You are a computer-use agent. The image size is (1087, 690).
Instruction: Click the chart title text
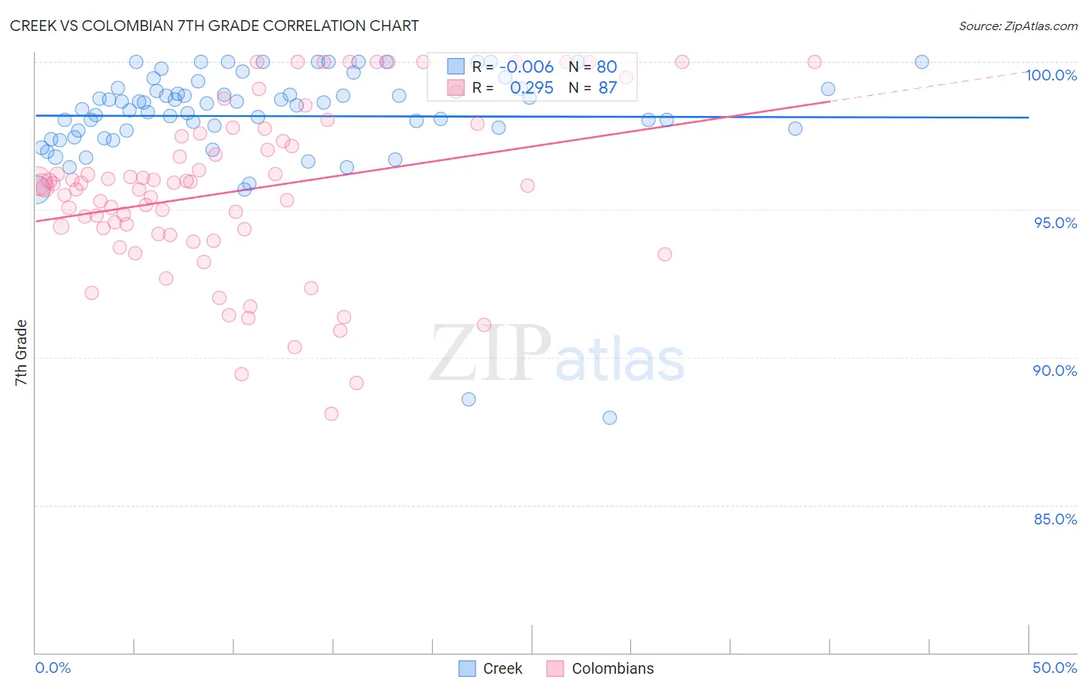click(214, 26)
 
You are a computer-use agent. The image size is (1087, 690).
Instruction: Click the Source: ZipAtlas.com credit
click(1017, 26)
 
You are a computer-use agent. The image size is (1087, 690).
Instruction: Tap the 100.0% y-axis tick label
click(1051, 75)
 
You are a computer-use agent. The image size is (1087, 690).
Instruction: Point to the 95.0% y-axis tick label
click(1055, 223)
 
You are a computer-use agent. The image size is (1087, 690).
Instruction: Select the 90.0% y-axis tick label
click(1055, 371)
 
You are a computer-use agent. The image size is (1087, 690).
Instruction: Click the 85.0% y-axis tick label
click(1055, 519)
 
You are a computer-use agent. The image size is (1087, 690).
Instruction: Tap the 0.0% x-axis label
click(53, 668)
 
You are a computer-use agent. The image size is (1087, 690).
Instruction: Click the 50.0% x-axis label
click(1055, 668)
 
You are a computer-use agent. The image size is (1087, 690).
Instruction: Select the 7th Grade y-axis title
click(21, 353)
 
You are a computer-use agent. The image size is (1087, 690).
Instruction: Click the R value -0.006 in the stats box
click(530, 67)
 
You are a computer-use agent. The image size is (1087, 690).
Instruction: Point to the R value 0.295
click(532, 88)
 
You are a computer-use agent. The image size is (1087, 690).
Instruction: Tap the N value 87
click(608, 88)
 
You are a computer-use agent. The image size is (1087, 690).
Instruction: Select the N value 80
click(607, 67)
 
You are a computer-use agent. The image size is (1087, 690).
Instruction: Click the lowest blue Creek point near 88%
click(610, 418)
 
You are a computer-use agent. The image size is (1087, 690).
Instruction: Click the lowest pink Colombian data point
click(332, 414)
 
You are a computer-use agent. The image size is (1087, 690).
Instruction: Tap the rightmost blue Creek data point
click(922, 62)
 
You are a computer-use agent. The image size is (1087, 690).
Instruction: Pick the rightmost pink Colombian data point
click(814, 62)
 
